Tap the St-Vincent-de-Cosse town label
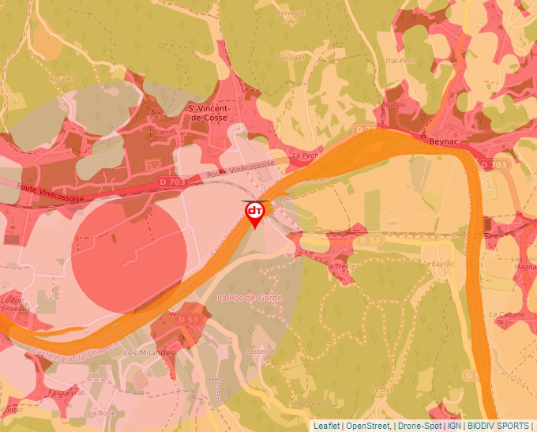tap(208, 112)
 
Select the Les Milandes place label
tap(149, 352)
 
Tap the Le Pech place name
tap(304, 156)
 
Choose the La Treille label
tap(340, 265)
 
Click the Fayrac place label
tap(437, 262)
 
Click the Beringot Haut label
tap(293, 20)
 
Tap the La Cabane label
tap(502, 314)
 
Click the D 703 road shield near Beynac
tap(494, 164)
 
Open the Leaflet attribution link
tap(326, 426)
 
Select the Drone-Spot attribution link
tap(418, 426)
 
